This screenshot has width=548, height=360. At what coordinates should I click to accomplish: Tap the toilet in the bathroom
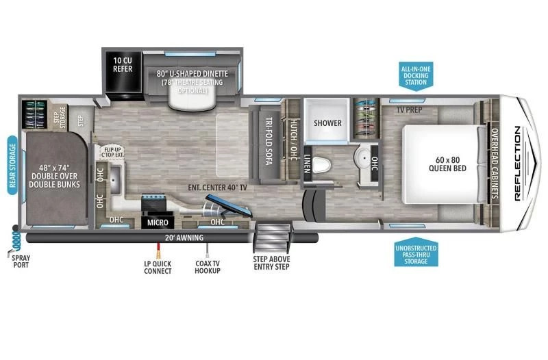(x=321, y=164)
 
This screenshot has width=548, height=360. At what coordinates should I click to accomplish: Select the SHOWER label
(x=327, y=123)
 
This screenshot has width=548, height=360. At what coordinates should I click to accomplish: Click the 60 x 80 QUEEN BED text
(x=447, y=164)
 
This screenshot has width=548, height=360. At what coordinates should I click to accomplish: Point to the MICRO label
(x=158, y=222)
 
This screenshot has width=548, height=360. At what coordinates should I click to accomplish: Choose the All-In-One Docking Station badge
(x=416, y=76)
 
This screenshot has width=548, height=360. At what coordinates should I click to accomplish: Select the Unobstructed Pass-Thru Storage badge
(x=416, y=252)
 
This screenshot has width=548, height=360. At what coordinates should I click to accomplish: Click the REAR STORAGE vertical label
(x=13, y=165)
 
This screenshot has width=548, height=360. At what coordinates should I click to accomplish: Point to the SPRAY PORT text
(x=21, y=261)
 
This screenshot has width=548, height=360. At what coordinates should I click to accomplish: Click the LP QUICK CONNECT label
(x=158, y=268)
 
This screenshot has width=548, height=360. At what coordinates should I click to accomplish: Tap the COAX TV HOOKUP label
(x=208, y=267)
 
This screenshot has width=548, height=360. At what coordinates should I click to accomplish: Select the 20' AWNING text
(x=184, y=237)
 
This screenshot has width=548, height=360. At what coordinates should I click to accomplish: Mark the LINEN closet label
(x=307, y=164)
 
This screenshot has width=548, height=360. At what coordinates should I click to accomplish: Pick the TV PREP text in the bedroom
(x=409, y=110)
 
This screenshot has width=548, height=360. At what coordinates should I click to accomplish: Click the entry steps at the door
(x=273, y=237)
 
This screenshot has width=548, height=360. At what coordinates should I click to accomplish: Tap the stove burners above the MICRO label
(x=153, y=203)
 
